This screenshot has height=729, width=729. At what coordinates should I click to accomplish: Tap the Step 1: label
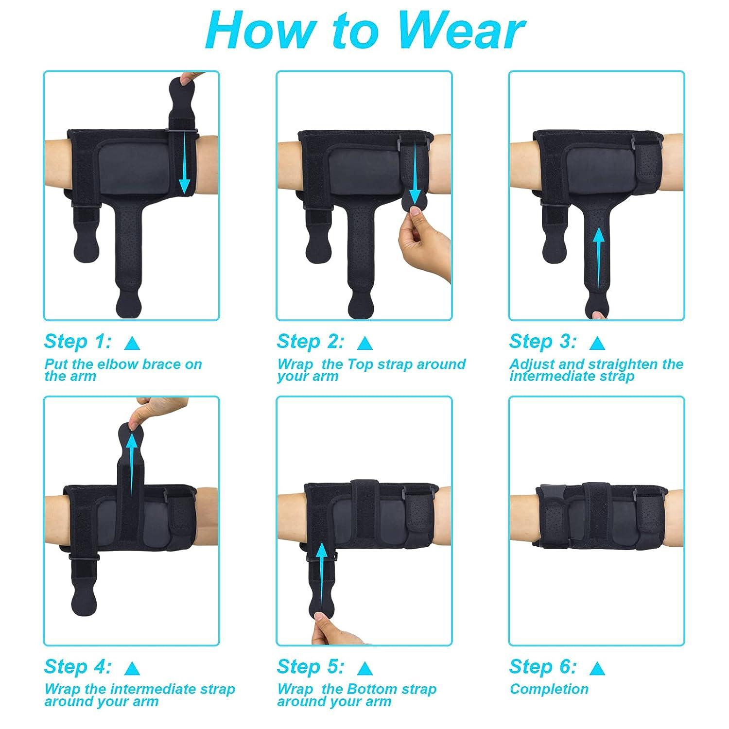tap(78, 342)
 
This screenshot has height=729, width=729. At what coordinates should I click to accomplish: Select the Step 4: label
tap(78, 666)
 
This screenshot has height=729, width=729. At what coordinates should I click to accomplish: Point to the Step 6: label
tap(543, 666)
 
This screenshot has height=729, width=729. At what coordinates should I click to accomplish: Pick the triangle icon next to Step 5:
tap(364, 669)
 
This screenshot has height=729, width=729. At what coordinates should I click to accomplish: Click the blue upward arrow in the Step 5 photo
tap(321, 573)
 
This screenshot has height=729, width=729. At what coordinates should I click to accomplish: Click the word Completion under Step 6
tap(549, 689)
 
